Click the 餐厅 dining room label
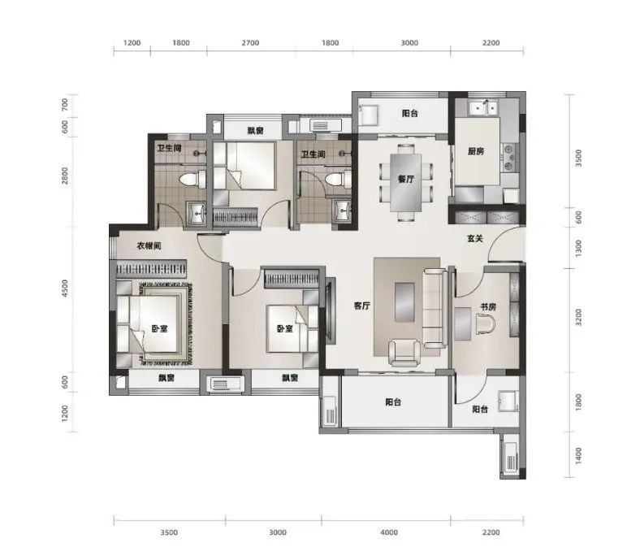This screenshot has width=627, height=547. tap(405, 179)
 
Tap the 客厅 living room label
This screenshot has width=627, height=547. tap(362, 306)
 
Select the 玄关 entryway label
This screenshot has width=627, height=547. tap(475, 238)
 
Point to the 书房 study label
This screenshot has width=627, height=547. tap(488, 307)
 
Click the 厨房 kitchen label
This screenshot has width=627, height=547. tap(476, 151)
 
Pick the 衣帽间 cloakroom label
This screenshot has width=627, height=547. tap(149, 245)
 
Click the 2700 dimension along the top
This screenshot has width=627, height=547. tap(250, 43)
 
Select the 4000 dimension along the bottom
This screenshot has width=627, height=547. tap(389, 532)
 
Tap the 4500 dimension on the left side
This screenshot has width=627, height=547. tap(65, 288)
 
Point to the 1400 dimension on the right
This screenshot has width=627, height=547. tap(578, 456)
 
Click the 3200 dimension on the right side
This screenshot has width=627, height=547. tap(578, 317)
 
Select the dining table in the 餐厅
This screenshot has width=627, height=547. tap(405, 182)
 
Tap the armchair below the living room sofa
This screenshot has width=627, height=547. tap(404, 353)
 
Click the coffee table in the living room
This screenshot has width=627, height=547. tap(404, 302)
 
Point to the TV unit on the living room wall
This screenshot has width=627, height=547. tap(331, 311)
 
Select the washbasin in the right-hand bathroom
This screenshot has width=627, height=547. tap(343, 211)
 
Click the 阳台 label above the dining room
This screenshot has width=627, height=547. tap(410, 113)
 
